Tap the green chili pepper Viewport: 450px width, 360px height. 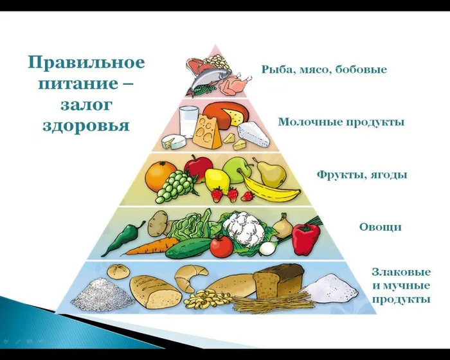[122, 239]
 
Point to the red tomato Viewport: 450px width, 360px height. [221, 246]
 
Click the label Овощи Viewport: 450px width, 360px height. [380, 226]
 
